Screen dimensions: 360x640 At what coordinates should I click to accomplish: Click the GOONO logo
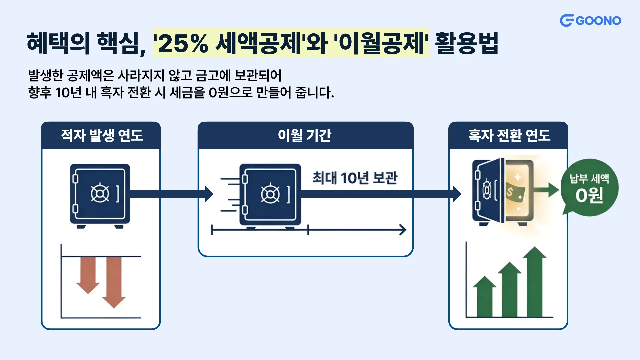(x=590, y=21)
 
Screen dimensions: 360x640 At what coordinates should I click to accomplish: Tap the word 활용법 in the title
(x=466, y=44)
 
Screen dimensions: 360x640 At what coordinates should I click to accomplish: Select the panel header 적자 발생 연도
(x=102, y=135)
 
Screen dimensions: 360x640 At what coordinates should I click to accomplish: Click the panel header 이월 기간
(x=305, y=135)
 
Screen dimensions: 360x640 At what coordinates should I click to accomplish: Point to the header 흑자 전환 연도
(x=509, y=135)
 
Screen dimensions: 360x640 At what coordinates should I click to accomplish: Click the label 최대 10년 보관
(x=355, y=178)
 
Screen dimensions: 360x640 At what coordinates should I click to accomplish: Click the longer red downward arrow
(x=114, y=282)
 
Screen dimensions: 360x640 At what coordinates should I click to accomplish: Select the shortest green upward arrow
(x=485, y=297)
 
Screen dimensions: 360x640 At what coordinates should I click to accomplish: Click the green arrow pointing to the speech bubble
(x=547, y=190)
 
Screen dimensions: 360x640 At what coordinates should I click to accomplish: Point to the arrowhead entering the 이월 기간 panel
(x=209, y=194)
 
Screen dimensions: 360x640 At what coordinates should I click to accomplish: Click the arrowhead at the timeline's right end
(x=403, y=230)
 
